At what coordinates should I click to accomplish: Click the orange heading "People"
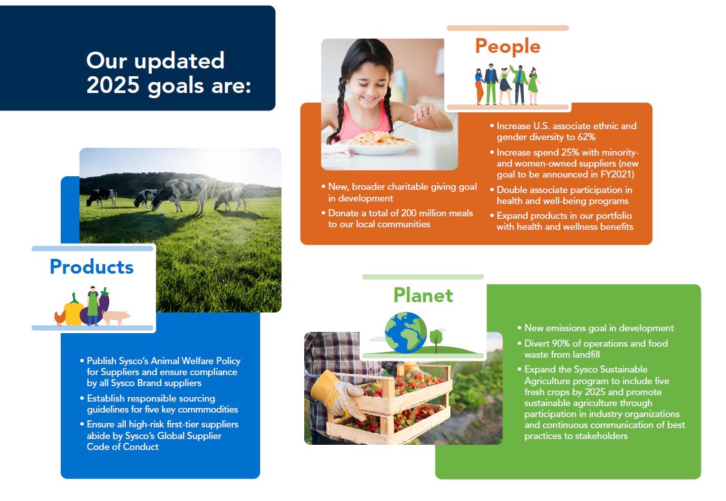click(508, 46)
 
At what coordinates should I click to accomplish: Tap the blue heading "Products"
click(92, 267)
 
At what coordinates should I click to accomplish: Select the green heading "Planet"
click(423, 295)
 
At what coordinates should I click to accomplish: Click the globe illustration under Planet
click(406, 332)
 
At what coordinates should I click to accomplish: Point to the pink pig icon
click(116, 318)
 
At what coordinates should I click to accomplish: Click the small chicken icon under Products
click(59, 318)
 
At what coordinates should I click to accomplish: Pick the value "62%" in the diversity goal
click(586, 137)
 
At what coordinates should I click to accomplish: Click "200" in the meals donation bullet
click(409, 213)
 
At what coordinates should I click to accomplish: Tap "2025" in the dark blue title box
click(113, 85)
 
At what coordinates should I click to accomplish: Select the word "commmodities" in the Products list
click(208, 409)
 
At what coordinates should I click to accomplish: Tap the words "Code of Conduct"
click(123, 447)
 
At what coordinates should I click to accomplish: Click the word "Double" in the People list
click(513, 190)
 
